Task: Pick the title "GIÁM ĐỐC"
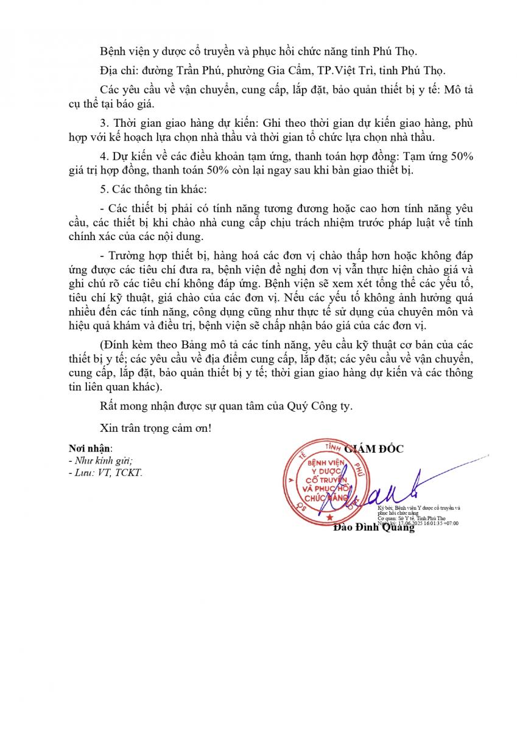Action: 374,449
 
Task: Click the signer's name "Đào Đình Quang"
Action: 374,528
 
